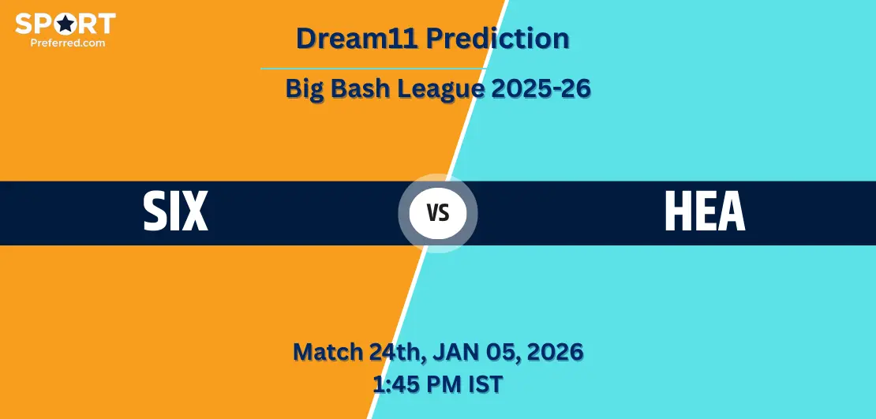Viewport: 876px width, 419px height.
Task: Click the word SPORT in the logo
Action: point(66,24)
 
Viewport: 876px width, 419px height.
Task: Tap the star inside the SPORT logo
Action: point(66,24)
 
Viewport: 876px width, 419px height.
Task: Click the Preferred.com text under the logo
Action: point(68,42)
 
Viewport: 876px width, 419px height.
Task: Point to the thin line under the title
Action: point(374,69)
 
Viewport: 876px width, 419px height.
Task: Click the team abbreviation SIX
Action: point(175,211)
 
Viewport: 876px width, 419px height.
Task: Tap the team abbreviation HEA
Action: point(705,211)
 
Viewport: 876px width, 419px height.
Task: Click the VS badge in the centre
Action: point(438,213)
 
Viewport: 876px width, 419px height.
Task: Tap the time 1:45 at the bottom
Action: point(393,383)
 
